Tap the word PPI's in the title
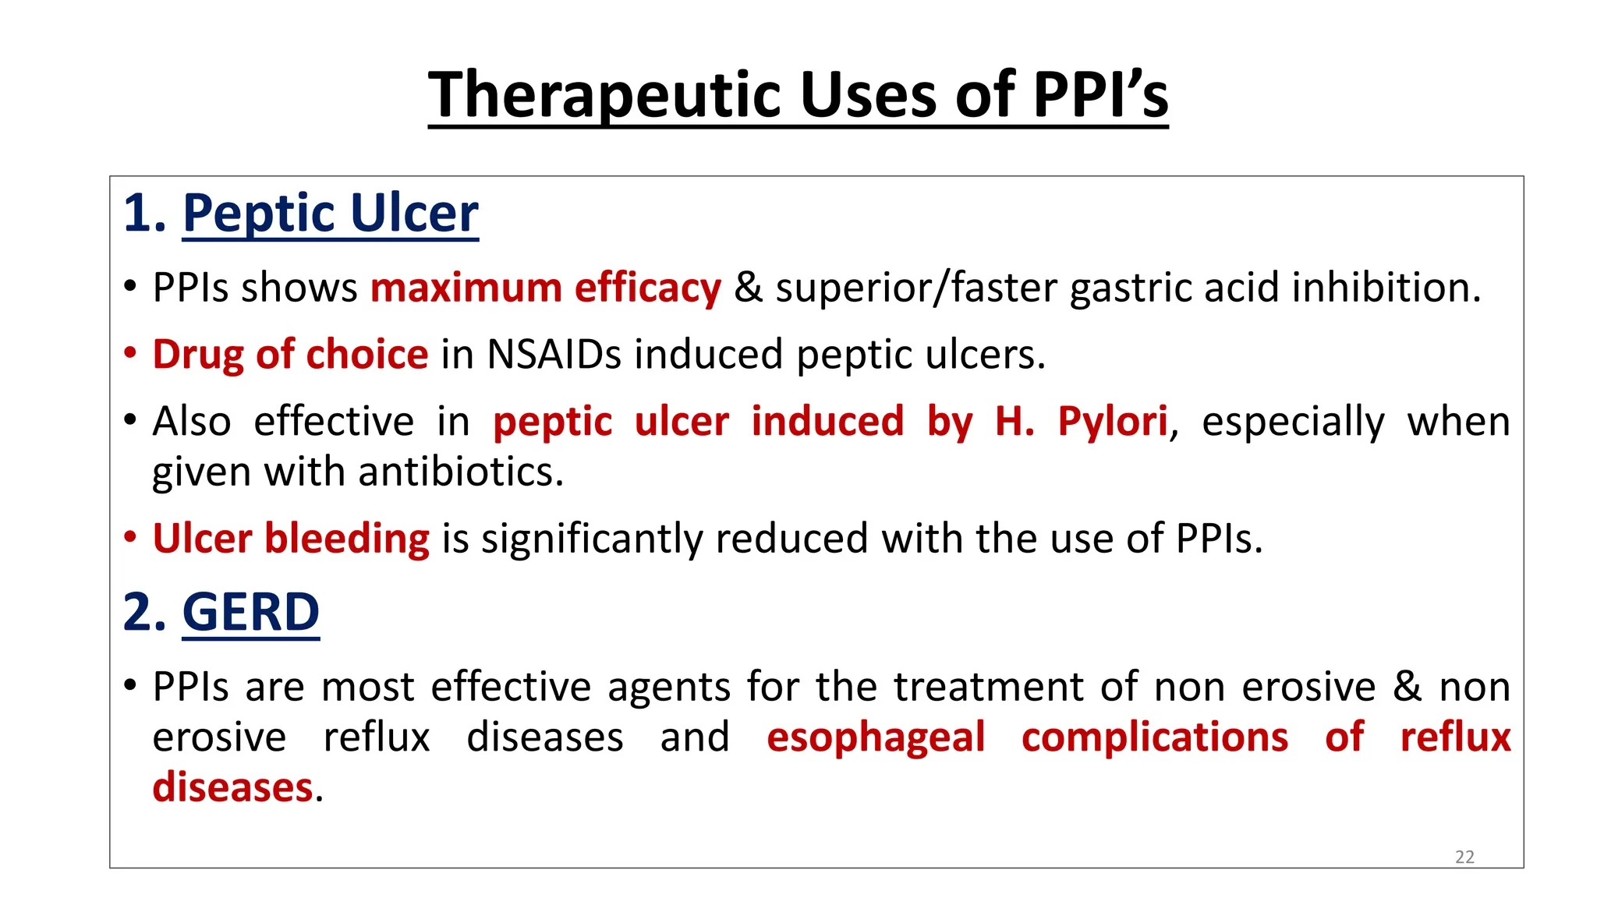1100,95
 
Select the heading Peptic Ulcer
331,213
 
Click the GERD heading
250,612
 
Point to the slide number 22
1464,857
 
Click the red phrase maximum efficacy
546,288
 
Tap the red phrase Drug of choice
290,355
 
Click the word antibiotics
459,472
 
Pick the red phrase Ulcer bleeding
291,539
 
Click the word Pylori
1112,422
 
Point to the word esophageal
876,737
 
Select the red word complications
1154,737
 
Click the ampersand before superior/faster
748,288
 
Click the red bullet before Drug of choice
130,352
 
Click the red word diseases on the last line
232,787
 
